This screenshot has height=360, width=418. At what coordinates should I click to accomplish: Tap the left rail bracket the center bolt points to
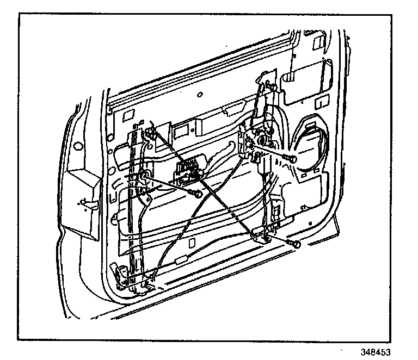(145, 177)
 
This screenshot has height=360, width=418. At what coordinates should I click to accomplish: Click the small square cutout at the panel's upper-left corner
(129, 116)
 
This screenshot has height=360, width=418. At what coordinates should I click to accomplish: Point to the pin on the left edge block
(82, 202)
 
